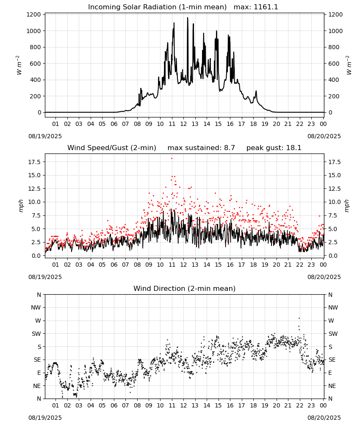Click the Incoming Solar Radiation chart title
pos(157,7)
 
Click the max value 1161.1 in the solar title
pos(266,7)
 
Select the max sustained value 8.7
pos(229,148)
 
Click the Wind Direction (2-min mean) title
pos(185,288)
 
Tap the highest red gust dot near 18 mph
pos(172,159)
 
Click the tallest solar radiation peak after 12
pos(188,18)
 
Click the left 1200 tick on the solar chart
pos(33,14)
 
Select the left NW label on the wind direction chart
pos(36,308)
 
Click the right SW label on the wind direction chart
pos(333,334)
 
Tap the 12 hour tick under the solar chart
pos(183,124)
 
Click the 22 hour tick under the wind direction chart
pos(299,405)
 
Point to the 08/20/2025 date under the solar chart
pos(324,136)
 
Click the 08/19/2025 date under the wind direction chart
pos(45,418)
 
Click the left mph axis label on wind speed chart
pos(21,206)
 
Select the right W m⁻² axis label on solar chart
pos(349,65)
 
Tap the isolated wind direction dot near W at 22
pos(299,318)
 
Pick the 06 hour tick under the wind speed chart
pos(114,265)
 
